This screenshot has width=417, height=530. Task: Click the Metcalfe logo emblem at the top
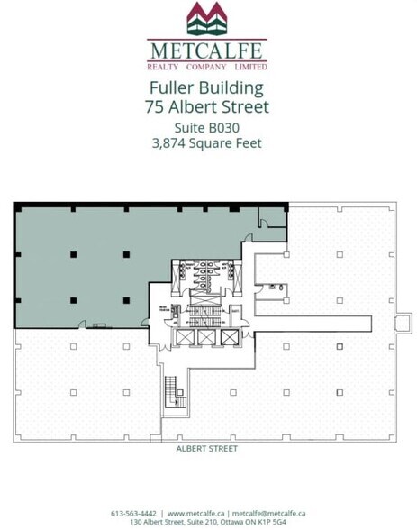[x=207, y=17]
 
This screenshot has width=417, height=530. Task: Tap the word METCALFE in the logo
[x=207, y=50]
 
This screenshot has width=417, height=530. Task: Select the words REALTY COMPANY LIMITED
[x=207, y=66]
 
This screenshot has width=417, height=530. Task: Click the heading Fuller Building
[x=207, y=88]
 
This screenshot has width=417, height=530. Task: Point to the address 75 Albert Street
[x=207, y=107]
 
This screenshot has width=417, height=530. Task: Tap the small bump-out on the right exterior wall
[x=404, y=321]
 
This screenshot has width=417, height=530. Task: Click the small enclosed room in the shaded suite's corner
[x=271, y=218]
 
